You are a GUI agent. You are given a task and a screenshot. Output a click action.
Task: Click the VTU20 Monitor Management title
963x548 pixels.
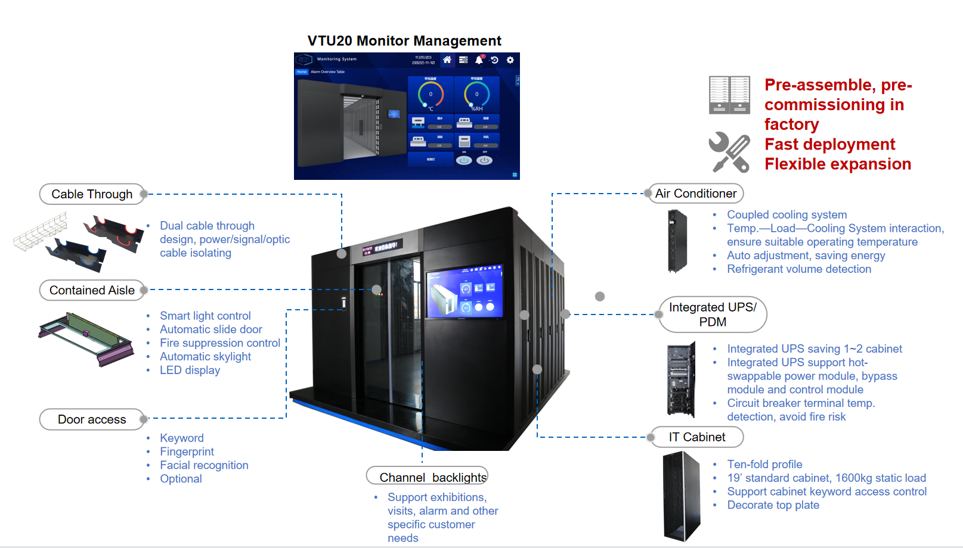click(404, 41)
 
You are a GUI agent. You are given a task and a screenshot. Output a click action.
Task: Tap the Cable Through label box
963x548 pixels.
click(92, 194)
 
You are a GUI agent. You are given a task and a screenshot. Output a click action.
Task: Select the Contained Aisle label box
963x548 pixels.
click(92, 290)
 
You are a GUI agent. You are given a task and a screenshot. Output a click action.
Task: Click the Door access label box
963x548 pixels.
click(92, 419)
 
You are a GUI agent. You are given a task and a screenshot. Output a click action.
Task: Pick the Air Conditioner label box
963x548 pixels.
click(695, 194)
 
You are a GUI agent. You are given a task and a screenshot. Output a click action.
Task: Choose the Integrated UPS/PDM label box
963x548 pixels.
click(713, 315)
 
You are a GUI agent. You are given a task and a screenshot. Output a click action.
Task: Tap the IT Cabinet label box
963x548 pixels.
click(696, 437)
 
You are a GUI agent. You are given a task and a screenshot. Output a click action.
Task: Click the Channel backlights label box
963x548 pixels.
click(428, 477)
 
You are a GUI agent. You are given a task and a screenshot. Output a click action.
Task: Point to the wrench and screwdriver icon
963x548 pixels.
click(729, 152)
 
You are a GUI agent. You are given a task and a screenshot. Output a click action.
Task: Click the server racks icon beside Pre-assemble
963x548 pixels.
click(729, 95)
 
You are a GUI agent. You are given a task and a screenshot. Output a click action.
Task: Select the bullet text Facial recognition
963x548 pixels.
click(204, 465)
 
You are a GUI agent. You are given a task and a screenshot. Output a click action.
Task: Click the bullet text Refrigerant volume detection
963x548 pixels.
click(799, 269)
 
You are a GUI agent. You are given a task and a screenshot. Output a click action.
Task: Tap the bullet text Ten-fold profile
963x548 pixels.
click(764, 464)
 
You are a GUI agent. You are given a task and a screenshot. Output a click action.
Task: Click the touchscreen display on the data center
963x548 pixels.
click(465, 292)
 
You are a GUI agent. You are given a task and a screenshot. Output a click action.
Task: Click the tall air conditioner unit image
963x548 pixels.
click(677, 241)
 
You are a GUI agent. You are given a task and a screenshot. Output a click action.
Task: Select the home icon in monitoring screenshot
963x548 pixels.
click(447, 60)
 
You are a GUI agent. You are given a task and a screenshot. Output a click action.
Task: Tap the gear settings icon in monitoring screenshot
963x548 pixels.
click(510, 60)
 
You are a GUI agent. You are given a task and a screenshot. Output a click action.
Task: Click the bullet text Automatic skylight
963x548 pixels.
click(205, 357)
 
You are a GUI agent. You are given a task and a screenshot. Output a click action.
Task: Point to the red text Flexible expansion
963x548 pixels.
click(838, 164)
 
